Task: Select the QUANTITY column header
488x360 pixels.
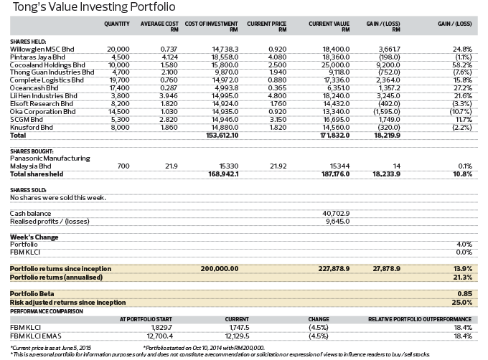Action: pos(116,24)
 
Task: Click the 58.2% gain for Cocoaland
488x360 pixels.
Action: pos(461,64)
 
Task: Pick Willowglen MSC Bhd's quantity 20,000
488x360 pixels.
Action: pos(119,48)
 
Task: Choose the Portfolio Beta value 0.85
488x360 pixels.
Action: pos(463,293)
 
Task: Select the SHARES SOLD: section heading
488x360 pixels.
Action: pos(29,189)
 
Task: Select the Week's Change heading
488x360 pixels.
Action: pos(34,236)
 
